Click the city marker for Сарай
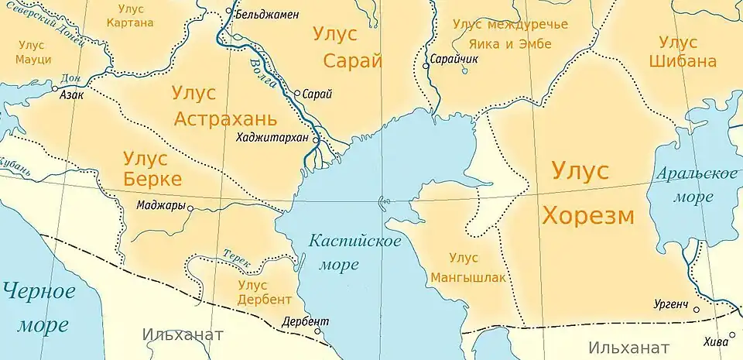[x=297, y=94]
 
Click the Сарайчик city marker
[x=426, y=66]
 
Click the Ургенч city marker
[x=697, y=310]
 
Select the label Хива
[x=716, y=341]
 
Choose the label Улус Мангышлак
[x=464, y=266]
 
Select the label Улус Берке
[x=152, y=170]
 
